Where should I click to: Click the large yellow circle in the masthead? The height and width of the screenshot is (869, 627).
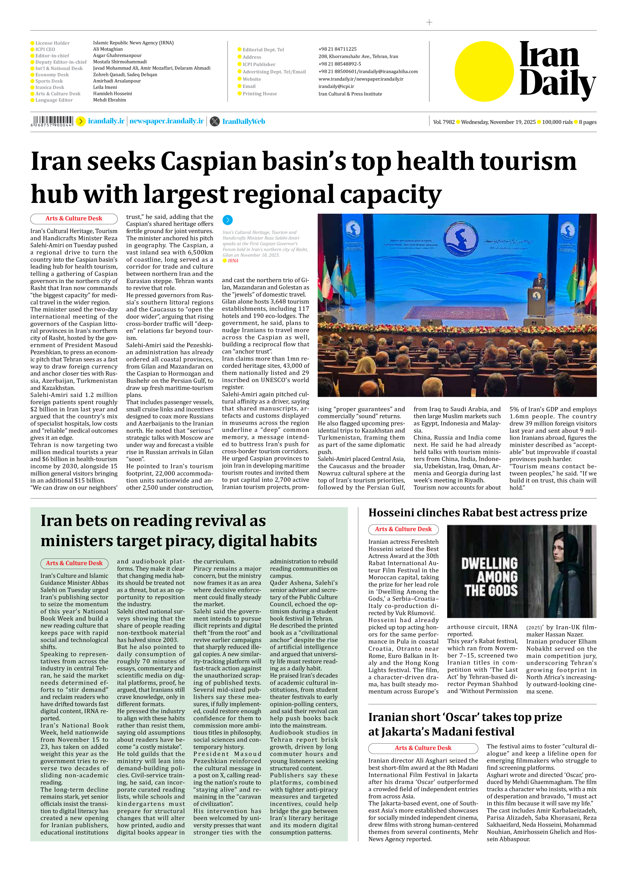click(484, 72)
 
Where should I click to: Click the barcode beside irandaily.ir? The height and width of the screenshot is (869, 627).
click(52, 121)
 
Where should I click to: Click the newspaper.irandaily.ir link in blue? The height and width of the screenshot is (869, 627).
click(167, 121)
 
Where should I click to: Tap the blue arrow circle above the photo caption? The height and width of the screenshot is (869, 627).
click(227, 220)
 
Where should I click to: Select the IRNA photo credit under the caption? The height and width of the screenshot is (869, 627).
click(233, 261)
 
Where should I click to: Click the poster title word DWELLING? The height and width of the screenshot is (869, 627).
click(489, 563)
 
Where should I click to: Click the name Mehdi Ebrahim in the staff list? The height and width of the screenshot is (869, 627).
click(109, 100)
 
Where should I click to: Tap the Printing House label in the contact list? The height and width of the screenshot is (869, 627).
click(259, 94)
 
